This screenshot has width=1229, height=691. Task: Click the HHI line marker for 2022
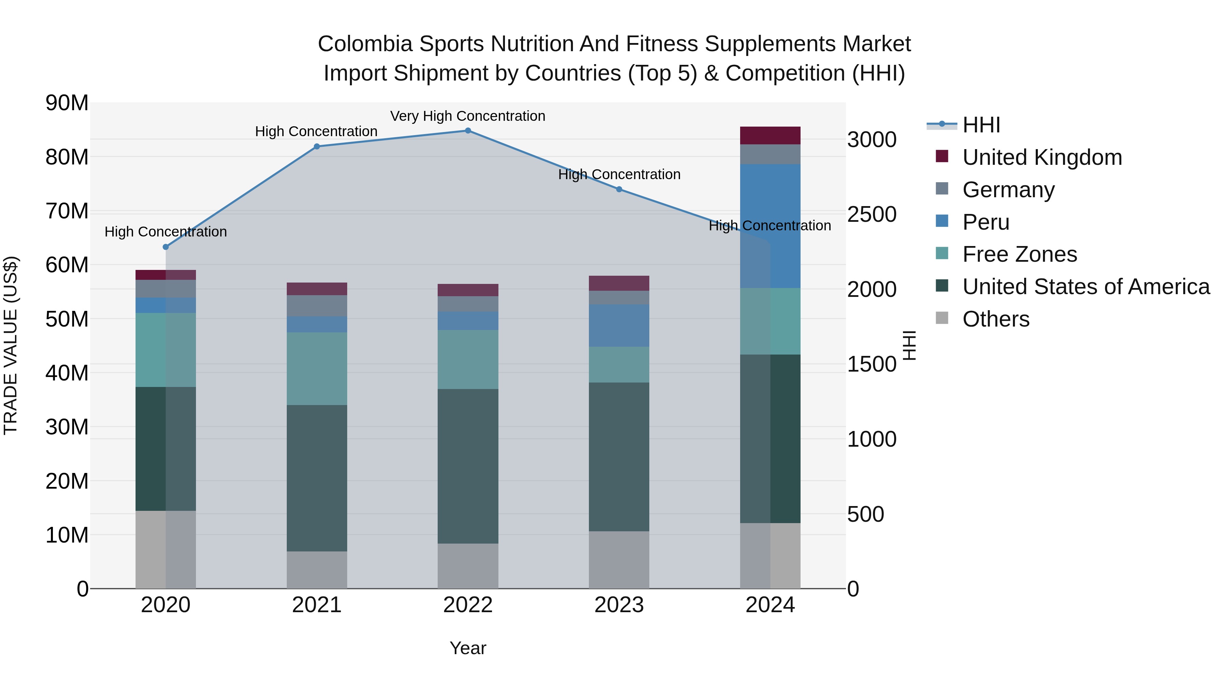pos(468,131)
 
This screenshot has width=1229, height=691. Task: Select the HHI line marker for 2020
pos(166,247)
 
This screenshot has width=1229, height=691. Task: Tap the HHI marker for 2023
pos(619,189)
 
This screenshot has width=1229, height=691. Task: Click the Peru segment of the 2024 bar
pos(770,226)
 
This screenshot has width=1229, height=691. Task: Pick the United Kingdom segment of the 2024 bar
pos(770,135)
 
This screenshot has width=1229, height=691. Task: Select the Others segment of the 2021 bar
pos(317,570)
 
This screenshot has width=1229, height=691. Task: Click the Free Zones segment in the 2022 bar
pos(468,360)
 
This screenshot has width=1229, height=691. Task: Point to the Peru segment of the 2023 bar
pos(619,326)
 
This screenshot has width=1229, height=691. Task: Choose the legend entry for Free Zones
pos(1019,254)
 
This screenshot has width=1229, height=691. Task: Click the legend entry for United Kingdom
pos(1042,157)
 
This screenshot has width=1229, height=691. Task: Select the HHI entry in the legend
pos(981,125)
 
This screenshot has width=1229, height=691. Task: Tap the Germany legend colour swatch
pos(942,189)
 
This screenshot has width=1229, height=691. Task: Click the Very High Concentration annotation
pos(468,116)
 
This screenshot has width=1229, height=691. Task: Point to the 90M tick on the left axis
pos(67,103)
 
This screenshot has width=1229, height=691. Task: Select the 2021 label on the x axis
pos(317,605)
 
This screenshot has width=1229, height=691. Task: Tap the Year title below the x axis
pos(468,648)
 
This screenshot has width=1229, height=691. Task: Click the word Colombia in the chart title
pos(365,44)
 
